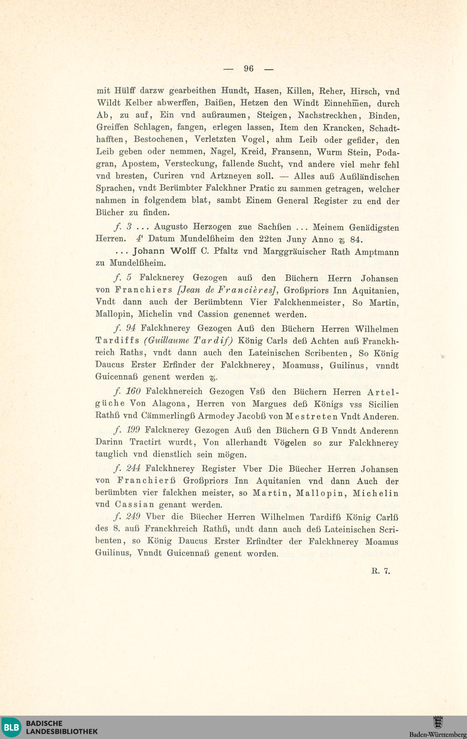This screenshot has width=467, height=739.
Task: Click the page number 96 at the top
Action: click(x=248, y=69)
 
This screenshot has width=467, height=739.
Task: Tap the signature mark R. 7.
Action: click(x=381, y=570)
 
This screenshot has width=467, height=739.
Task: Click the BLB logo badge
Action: click(x=11, y=727)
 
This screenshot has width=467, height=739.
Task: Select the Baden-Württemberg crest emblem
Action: click(x=438, y=723)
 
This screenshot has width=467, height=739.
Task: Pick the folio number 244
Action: click(x=133, y=469)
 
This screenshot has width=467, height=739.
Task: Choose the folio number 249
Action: click(x=133, y=517)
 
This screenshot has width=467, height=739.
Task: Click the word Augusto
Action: click(x=173, y=227)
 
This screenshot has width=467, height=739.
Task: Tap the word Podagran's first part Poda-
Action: click(x=388, y=152)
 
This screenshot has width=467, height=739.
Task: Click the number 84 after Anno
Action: click(x=356, y=239)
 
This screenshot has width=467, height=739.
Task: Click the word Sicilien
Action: click(x=383, y=404)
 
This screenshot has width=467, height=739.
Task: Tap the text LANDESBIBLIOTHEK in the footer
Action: click(x=62, y=732)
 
